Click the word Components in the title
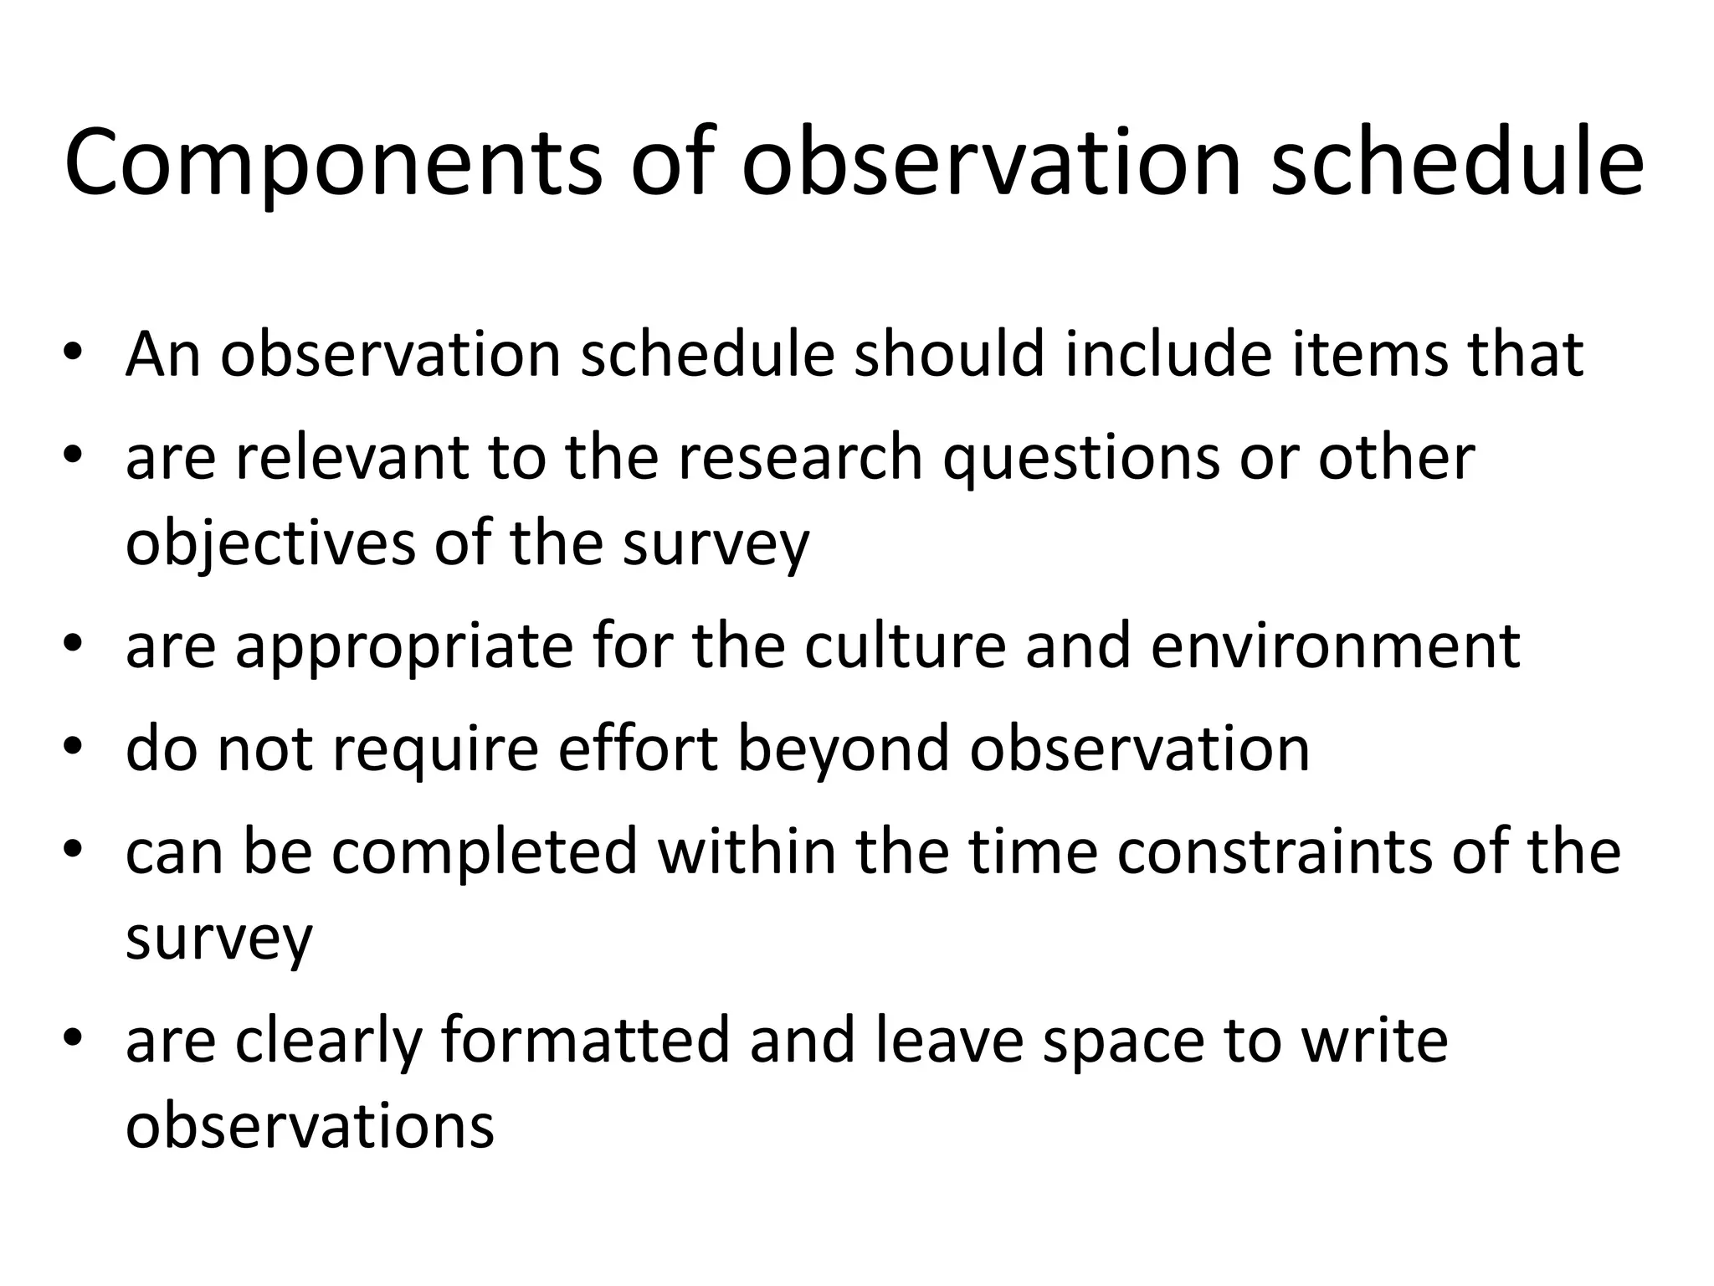(332, 164)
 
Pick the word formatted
(585, 1040)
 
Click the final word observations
(310, 1126)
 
